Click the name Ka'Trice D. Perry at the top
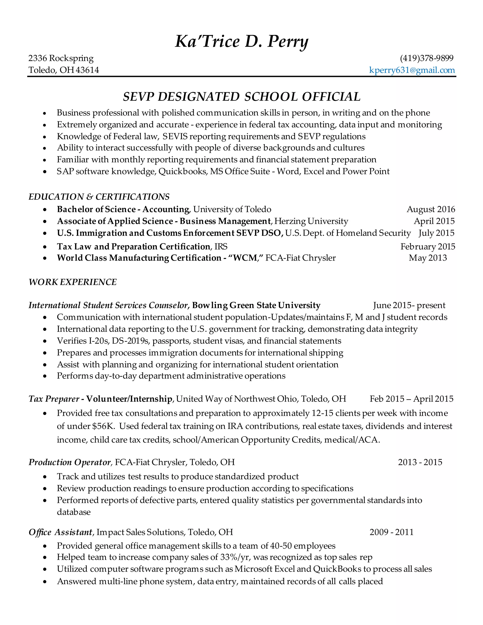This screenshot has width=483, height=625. [241, 42]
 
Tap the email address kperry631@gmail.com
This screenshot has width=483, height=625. [412, 70]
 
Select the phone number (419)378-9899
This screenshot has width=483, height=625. [427, 58]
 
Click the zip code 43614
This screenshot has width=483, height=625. [87, 70]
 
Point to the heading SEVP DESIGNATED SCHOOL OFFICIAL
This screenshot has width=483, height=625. [241, 97]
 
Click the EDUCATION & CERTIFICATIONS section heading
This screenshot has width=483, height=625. [99, 197]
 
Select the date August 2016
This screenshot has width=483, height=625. [431, 209]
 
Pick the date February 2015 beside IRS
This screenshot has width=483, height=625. [428, 247]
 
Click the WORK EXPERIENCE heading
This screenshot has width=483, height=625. [73, 282]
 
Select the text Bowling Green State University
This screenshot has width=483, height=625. [256, 305]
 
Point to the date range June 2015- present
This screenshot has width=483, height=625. [409, 305]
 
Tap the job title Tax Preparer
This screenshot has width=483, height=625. [54, 399]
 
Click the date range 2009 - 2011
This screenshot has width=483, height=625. [391, 532]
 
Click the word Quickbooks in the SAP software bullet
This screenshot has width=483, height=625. [183, 171]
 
